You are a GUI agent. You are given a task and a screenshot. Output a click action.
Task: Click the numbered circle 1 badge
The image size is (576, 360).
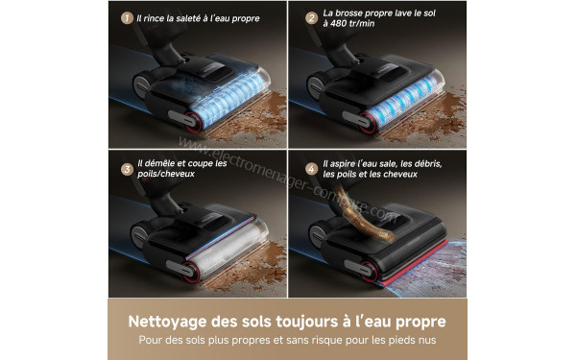(125, 18)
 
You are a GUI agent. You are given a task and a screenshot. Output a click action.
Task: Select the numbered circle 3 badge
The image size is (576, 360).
(125, 169)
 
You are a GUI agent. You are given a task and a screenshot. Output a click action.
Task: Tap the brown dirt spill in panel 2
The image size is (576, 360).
(442, 106)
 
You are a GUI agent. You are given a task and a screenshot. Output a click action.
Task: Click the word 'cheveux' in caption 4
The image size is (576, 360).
(419, 176)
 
